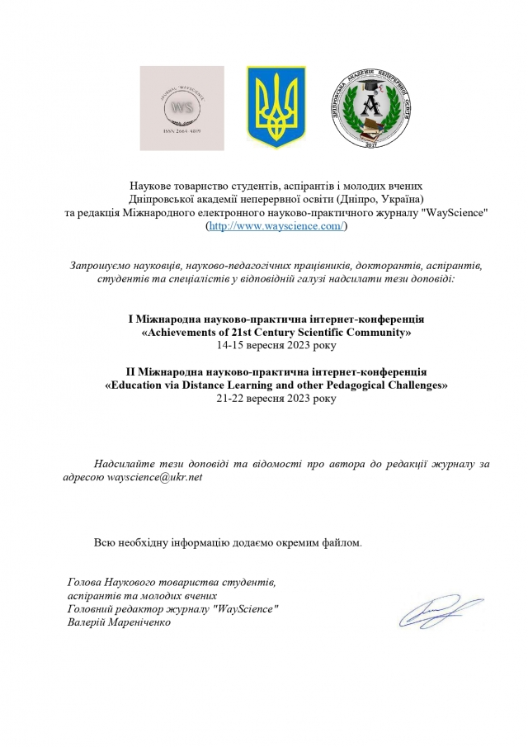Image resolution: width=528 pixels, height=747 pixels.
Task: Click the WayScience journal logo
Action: [x=181, y=108]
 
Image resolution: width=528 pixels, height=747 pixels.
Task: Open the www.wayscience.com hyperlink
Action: [x=276, y=226]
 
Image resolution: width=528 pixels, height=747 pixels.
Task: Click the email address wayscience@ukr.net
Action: [x=155, y=477]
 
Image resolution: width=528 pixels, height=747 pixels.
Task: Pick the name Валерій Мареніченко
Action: [x=120, y=621]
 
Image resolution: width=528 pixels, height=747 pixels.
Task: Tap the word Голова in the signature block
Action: [x=85, y=582]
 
